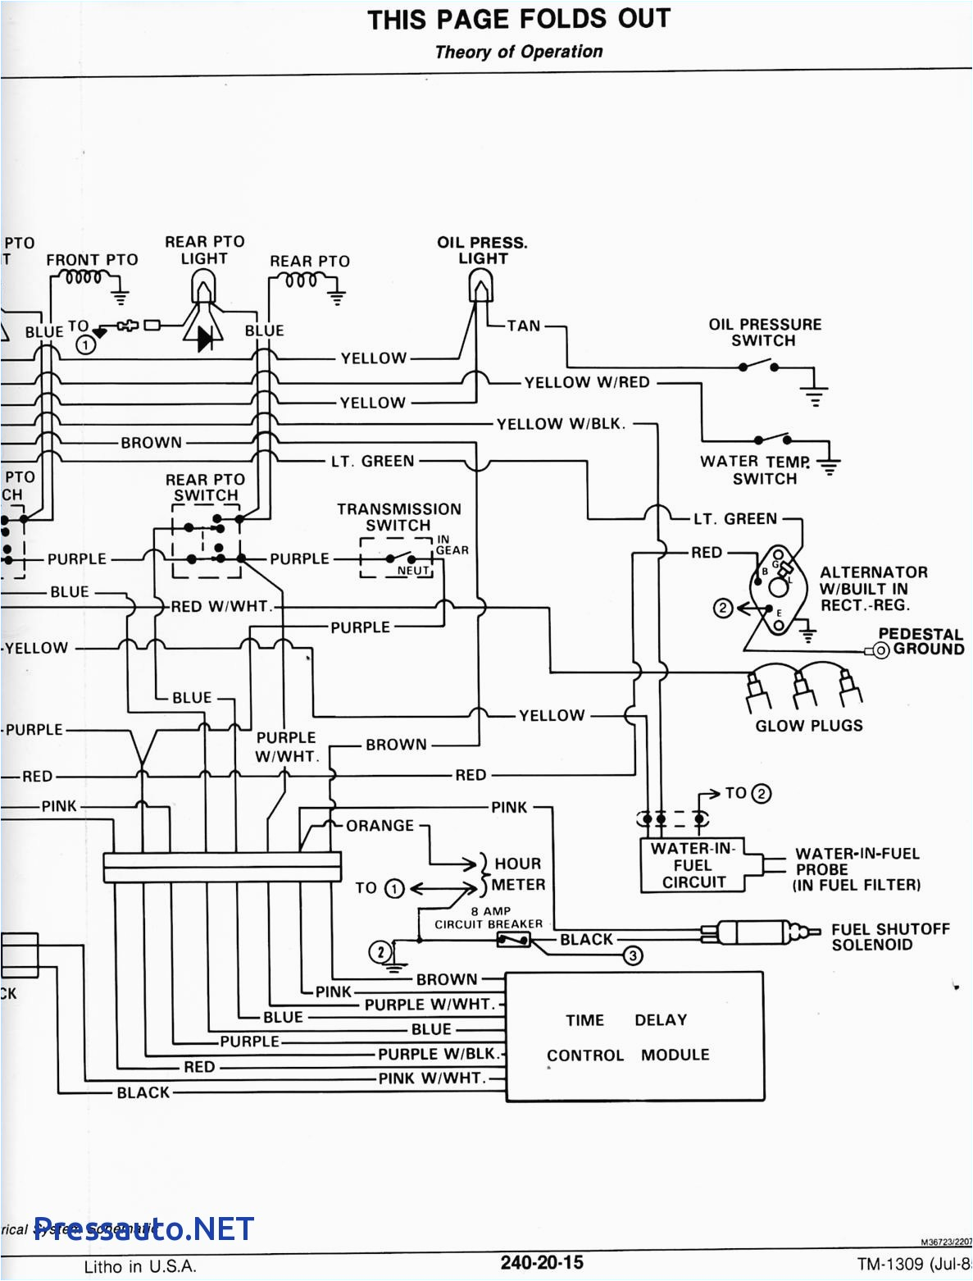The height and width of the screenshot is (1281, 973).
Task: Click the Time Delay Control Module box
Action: pos(635,1037)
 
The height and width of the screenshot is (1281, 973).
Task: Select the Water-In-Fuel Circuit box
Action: pos(693,865)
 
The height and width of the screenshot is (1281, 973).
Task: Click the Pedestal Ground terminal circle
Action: pos(882,650)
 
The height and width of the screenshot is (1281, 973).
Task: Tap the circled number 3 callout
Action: pos(633,955)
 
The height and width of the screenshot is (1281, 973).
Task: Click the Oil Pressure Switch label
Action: pos(764,332)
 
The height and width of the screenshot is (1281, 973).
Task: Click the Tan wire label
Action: pos(523,326)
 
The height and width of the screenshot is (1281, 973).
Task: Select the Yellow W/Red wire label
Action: pos(587,382)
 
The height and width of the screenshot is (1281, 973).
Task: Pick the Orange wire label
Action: pos(380,826)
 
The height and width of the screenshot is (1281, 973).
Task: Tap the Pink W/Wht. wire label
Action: pos(432,1078)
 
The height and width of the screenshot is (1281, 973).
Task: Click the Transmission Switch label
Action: pos(398,517)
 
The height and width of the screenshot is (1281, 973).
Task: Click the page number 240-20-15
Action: pos(542,1262)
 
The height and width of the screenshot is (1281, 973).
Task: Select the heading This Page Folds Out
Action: pos(518,20)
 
